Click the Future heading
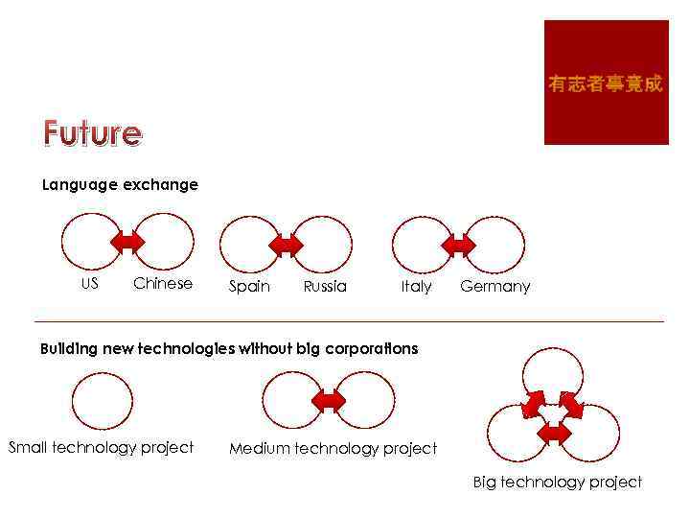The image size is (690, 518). pyautogui.click(x=92, y=132)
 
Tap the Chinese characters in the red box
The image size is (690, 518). pyautogui.click(x=605, y=84)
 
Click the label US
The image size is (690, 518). pyautogui.click(x=89, y=283)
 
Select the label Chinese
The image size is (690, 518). pyautogui.click(x=163, y=283)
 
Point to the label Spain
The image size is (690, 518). pyautogui.click(x=249, y=286)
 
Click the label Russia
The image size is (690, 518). pyautogui.click(x=325, y=286)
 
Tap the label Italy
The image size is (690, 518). pyautogui.click(x=416, y=286)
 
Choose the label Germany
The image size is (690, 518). pyautogui.click(x=494, y=286)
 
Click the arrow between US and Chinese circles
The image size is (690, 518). pyautogui.click(x=127, y=241)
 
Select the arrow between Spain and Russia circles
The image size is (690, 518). pyautogui.click(x=286, y=246)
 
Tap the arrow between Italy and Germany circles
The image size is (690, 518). pyautogui.click(x=460, y=246)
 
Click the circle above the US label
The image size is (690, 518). pyautogui.click(x=92, y=240)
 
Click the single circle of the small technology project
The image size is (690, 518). pyautogui.click(x=103, y=401)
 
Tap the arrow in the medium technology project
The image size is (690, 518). pyautogui.click(x=329, y=400)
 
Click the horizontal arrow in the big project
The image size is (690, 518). pyautogui.click(x=554, y=433)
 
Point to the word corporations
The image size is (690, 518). pyautogui.click(x=371, y=348)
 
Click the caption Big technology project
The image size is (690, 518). pyautogui.click(x=557, y=482)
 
